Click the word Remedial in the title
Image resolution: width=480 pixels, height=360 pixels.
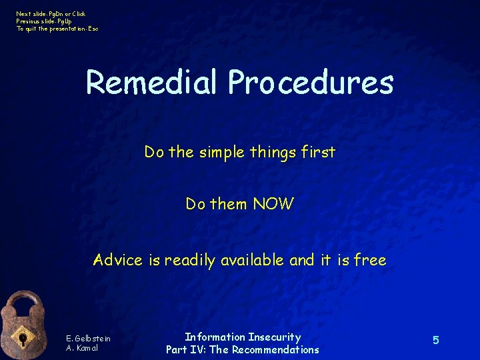tap(151, 83)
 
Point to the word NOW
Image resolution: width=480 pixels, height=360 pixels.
tap(273, 204)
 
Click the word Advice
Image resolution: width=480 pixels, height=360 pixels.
tap(117, 260)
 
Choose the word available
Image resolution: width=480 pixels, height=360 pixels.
tap(253, 260)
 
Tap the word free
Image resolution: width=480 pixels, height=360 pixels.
tap(370, 260)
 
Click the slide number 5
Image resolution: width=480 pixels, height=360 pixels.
tap(435, 341)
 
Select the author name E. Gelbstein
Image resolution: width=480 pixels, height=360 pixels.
tap(88, 339)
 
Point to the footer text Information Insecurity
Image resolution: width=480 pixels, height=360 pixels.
tap(243, 337)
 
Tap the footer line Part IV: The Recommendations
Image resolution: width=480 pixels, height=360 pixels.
tap(243, 349)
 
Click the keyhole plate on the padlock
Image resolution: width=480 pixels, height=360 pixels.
tap(23, 339)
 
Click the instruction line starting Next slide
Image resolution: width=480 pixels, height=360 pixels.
tap(51, 14)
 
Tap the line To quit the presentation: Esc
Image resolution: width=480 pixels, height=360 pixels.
tap(57, 29)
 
